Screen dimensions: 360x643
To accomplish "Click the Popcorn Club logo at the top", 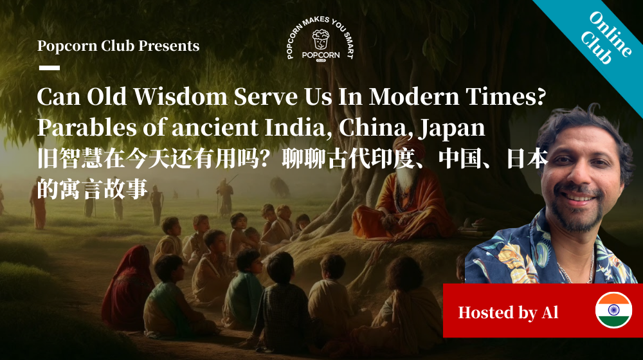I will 320,45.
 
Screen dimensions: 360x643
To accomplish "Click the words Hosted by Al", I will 508,313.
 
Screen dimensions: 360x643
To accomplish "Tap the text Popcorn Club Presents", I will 118,46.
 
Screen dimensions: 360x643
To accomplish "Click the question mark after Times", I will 540,98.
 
